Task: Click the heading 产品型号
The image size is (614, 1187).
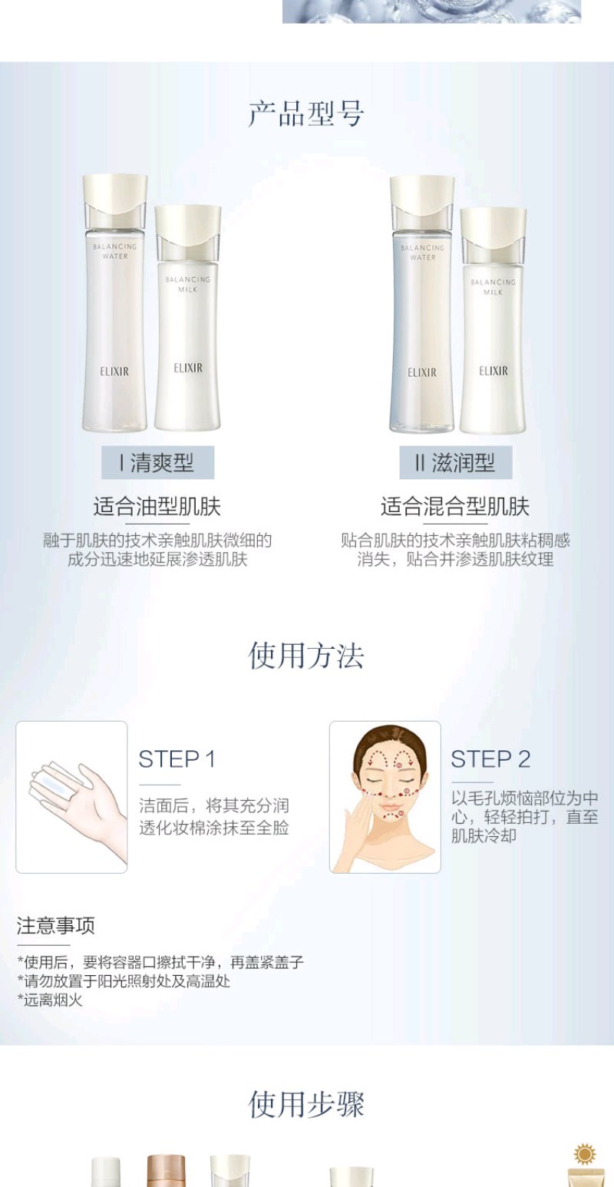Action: pyautogui.click(x=306, y=114)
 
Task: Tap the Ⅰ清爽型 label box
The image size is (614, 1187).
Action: pyautogui.click(x=158, y=463)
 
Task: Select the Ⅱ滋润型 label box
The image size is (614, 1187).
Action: pyautogui.click(x=456, y=463)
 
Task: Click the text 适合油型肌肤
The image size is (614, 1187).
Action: pyautogui.click(x=157, y=507)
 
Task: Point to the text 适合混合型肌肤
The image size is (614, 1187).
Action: pyautogui.click(x=455, y=507)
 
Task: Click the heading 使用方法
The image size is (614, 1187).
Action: pyautogui.click(x=306, y=656)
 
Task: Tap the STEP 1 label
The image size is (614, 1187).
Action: pyautogui.click(x=177, y=759)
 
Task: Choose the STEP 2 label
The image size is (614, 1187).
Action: pyautogui.click(x=490, y=759)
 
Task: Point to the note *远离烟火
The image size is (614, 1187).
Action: pyautogui.click(x=50, y=1000)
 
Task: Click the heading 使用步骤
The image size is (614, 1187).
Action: pyautogui.click(x=306, y=1104)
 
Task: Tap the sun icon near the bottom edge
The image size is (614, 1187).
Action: pyautogui.click(x=586, y=1154)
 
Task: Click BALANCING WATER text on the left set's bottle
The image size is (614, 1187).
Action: pyautogui.click(x=115, y=251)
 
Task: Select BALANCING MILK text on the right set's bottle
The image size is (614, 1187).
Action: pyautogui.click(x=494, y=286)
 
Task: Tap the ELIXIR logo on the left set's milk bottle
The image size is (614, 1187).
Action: pyautogui.click(x=188, y=368)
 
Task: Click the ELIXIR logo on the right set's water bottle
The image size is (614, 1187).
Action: pyautogui.click(x=422, y=372)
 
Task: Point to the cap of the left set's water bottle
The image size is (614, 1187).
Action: pyautogui.click(x=115, y=195)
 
